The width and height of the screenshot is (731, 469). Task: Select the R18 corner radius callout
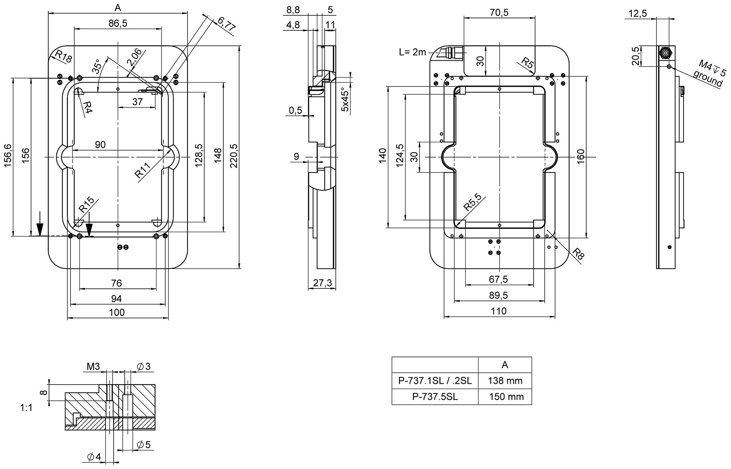pos(64,57)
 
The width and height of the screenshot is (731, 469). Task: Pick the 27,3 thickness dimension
pos(322,283)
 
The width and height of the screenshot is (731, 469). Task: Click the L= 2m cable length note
pos(413,52)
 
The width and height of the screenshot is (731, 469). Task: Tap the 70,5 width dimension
pos(499,12)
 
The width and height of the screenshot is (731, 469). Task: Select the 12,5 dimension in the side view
pos(638,14)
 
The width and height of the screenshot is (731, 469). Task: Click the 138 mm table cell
pos(505,381)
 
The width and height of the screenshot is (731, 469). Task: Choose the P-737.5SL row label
pos(435,397)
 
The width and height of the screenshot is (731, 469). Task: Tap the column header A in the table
pos(505,365)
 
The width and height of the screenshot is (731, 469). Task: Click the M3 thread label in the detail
pos(93,367)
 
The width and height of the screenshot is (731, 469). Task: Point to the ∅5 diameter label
pos(144,445)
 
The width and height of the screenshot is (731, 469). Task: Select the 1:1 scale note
pos(26,408)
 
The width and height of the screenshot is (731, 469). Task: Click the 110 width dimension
pos(499,311)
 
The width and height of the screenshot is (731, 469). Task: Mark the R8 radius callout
pos(578,254)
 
